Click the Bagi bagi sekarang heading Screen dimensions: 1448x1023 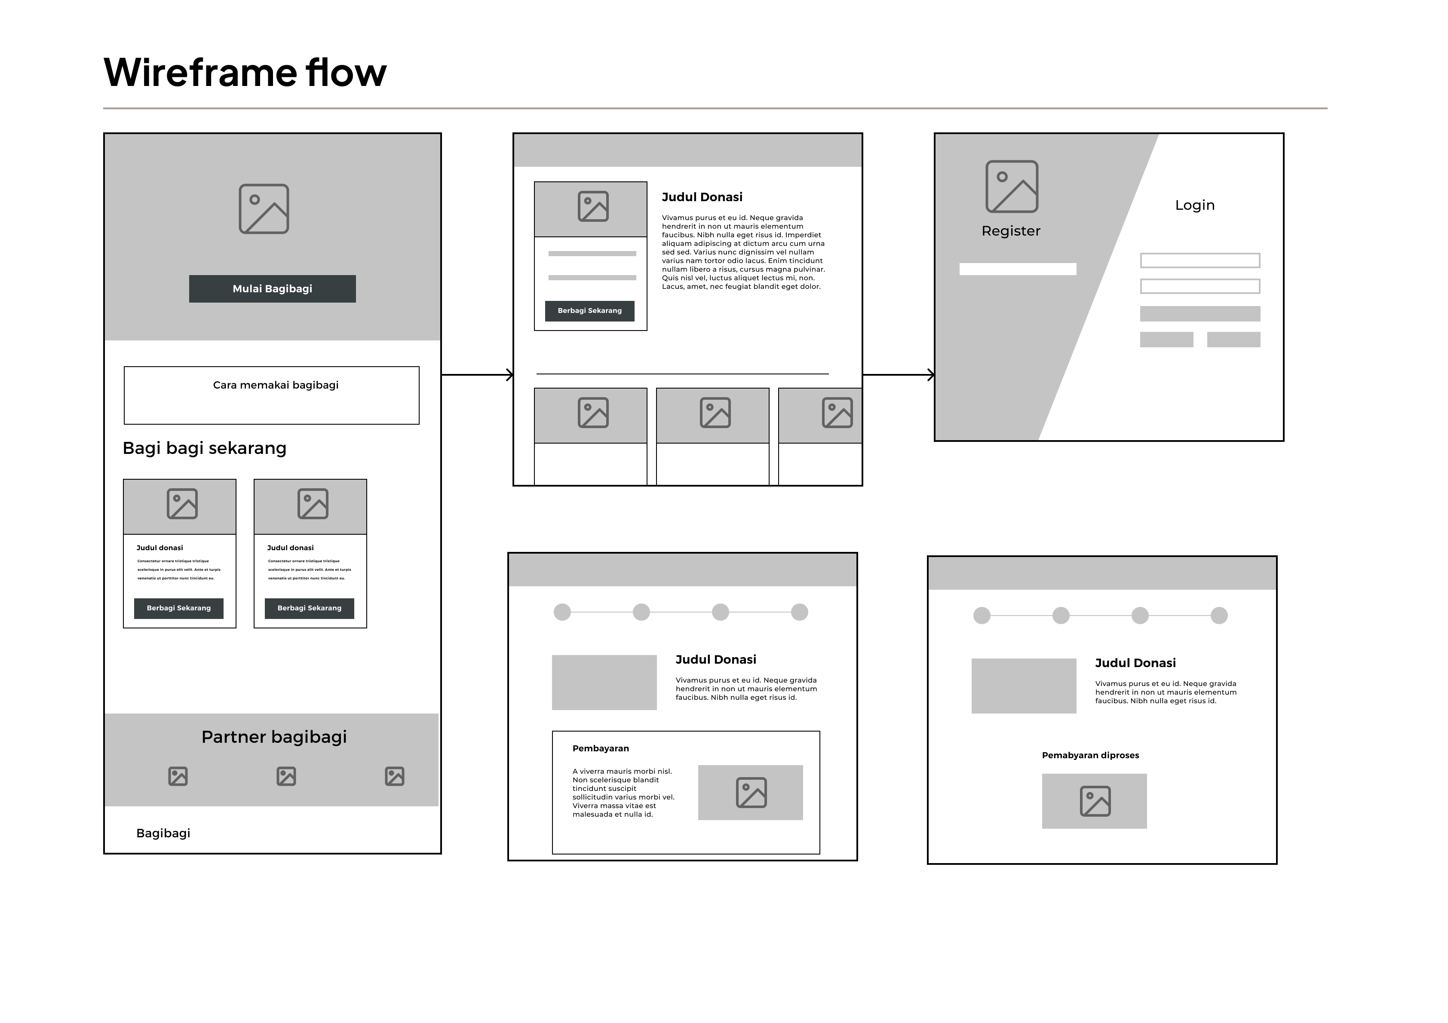click(204, 448)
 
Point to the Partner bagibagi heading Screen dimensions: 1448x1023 click(274, 737)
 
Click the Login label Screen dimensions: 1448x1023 click(1194, 205)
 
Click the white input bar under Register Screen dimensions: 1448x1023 click(1017, 270)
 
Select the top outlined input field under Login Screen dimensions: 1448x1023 click(1200, 260)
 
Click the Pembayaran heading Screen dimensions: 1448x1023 click(600, 749)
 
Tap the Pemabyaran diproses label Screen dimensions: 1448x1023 click(1090, 756)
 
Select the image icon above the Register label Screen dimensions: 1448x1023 click(1012, 187)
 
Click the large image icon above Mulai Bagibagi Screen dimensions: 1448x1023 click(264, 209)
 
